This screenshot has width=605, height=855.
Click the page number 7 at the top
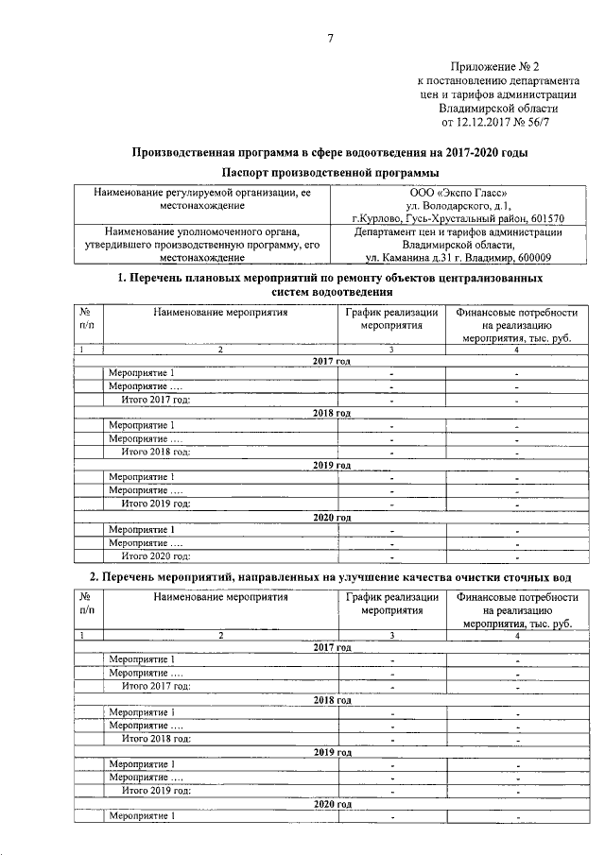[x=330, y=38]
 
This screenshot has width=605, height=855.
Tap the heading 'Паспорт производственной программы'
[x=330, y=172]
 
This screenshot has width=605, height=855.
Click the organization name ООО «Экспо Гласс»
[x=458, y=193]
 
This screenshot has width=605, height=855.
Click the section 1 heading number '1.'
[x=122, y=279]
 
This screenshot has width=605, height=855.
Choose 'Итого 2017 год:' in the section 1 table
[x=156, y=400]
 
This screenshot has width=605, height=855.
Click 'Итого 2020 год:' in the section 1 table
[x=156, y=556]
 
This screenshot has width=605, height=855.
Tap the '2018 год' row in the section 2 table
[x=332, y=700]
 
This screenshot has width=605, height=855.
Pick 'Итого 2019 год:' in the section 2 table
[x=156, y=791]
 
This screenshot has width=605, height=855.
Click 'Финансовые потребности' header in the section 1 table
[x=516, y=311]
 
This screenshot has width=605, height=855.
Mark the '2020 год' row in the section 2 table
[x=332, y=804]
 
